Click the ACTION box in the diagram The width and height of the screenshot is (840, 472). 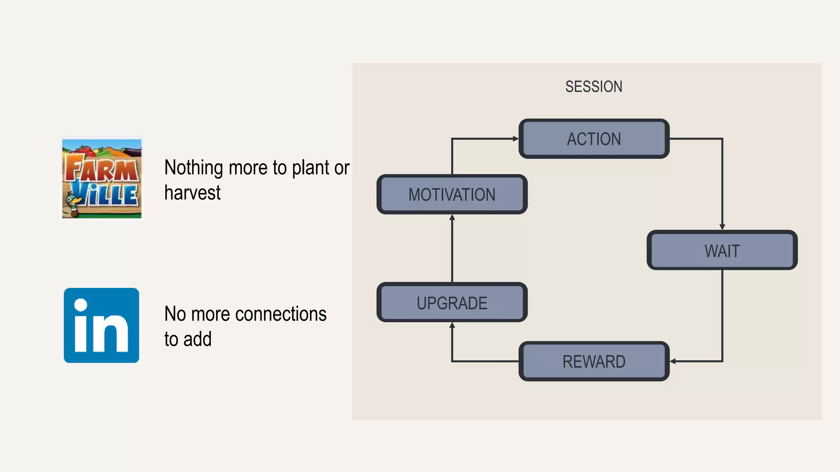click(594, 139)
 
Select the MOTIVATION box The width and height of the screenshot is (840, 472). click(452, 195)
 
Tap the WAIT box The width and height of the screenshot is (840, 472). click(722, 250)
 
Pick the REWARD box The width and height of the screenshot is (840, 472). click(594, 361)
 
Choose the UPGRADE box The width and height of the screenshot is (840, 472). click(452, 303)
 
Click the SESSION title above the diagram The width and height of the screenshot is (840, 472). click(593, 86)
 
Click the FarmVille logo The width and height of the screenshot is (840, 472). click(102, 179)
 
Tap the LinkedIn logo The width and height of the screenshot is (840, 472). click(101, 325)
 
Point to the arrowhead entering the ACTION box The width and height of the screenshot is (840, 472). click(516, 139)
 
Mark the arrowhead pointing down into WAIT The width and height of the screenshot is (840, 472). click(722, 227)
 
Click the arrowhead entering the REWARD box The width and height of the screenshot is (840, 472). click(673, 361)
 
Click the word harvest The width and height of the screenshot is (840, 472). click(192, 193)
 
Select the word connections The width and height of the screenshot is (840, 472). click(281, 314)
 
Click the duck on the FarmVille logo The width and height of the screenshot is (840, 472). click(73, 205)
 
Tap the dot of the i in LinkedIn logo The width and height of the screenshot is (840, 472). click(81, 305)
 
